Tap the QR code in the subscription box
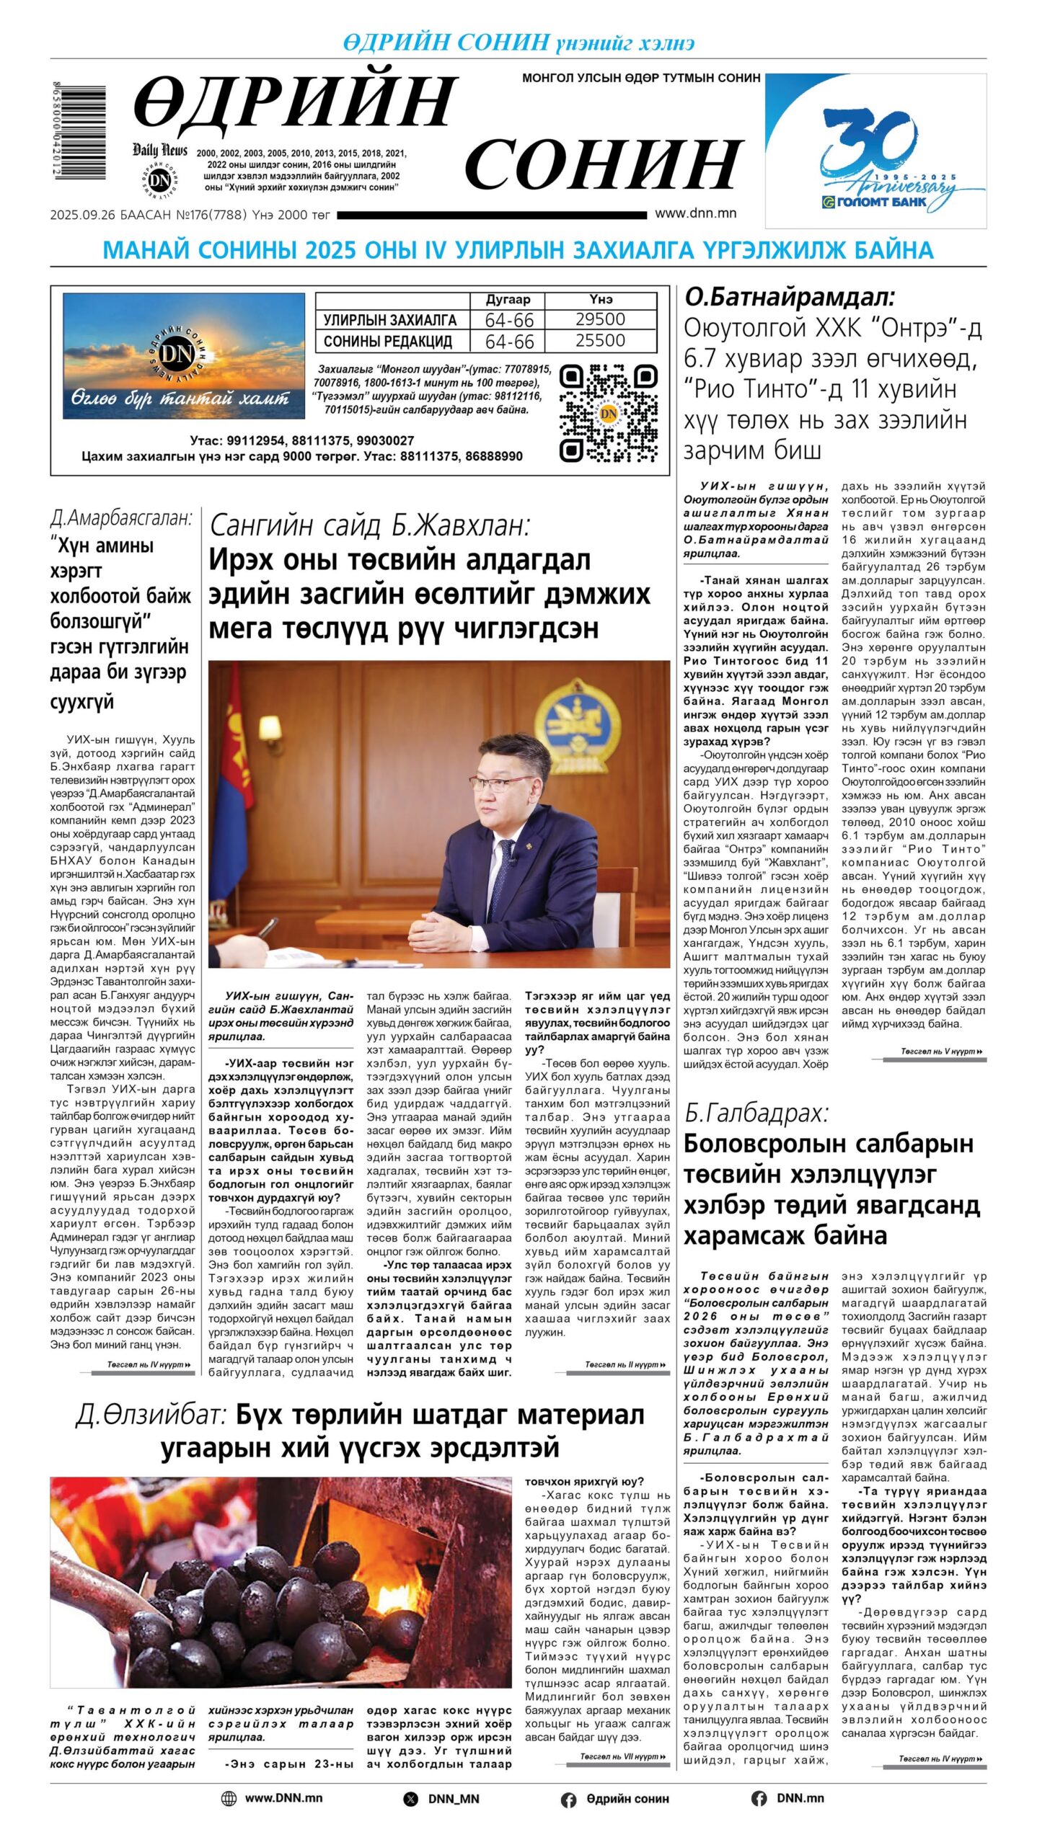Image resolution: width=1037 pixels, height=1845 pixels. pos(608,413)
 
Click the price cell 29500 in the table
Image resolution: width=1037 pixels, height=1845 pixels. pos(600,319)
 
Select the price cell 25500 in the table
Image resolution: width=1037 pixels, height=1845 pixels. pos(600,340)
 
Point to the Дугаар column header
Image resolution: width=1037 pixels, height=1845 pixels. pos(508,299)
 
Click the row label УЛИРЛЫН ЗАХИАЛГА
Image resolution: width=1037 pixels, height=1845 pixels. pos(389,320)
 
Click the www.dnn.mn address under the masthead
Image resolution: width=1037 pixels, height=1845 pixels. pos(695,213)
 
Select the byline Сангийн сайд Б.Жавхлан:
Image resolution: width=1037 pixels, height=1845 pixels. pos(369,525)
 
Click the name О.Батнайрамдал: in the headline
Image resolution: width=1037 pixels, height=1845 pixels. pos(789,297)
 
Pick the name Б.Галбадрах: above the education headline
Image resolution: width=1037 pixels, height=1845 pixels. pos(756,1113)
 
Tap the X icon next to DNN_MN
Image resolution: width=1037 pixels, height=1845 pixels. pos(410,1799)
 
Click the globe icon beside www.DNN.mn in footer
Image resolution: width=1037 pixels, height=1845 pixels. pos(229,1798)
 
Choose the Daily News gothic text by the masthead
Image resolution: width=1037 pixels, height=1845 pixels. pos(159,150)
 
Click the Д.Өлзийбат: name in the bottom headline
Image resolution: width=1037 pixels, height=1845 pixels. pos(151,1415)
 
